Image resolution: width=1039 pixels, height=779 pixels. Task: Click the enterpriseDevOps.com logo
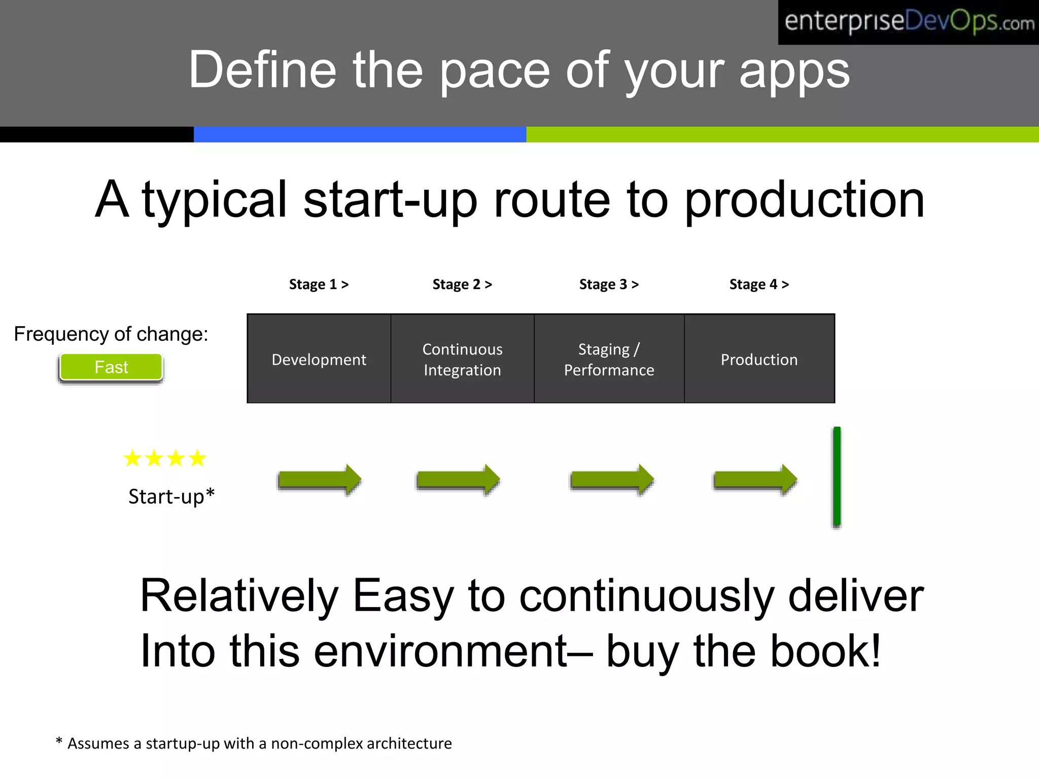[x=908, y=22]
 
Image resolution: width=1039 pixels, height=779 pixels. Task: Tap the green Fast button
[x=111, y=367]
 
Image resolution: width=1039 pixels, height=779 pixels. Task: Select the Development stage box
[x=319, y=359]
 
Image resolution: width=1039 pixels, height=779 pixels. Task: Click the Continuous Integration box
[x=462, y=359]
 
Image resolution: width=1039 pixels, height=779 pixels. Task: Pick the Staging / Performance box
[x=609, y=359]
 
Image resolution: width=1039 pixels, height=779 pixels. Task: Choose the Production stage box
[x=759, y=359]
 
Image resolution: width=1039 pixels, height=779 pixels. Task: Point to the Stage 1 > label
[x=319, y=284]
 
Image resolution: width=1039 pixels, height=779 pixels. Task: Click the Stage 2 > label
[x=462, y=284]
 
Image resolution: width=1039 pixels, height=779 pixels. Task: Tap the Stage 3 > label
[x=609, y=284]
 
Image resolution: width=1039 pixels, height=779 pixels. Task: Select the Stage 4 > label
[x=759, y=284]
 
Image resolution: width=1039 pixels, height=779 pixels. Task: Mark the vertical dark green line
[x=837, y=477]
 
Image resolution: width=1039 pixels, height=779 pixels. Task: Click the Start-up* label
[x=171, y=496]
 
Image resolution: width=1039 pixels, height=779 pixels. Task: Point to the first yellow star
[x=132, y=458]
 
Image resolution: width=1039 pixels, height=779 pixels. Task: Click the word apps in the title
[x=794, y=71]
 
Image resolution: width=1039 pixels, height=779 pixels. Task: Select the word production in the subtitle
[x=804, y=200]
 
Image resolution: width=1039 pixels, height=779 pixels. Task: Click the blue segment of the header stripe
[x=360, y=134]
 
